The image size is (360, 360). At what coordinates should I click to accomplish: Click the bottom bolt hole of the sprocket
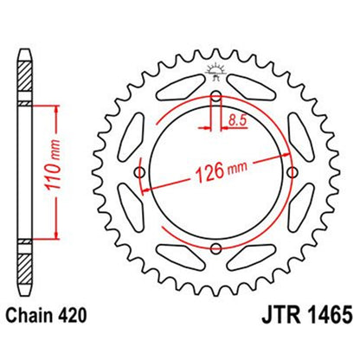point(214,251)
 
